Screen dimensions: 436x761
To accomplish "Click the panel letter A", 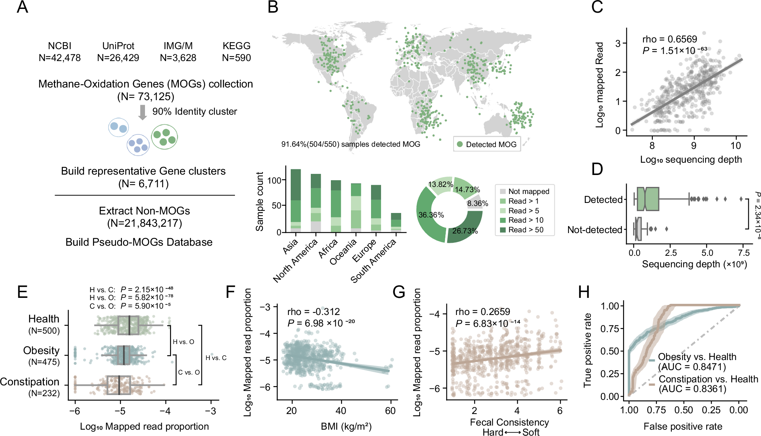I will (x=22, y=7).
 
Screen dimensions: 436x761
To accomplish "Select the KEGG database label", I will (x=236, y=46).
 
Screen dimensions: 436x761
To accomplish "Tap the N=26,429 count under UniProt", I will (x=118, y=58).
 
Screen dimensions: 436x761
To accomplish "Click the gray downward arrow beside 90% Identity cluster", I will (x=142, y=112).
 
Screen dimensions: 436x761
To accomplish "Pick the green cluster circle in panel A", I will (x=164, y=137).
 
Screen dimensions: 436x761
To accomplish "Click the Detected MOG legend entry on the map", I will (x=487, y=144).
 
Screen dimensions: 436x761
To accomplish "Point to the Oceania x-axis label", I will (x=343, y=252).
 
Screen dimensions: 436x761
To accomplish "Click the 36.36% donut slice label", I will (x=431, y=215).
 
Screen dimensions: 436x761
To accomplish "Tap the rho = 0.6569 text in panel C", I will (x=670, y=39).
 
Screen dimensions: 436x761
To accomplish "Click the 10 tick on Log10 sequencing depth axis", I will (x=735, y=146).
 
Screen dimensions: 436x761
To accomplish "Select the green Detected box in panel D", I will (x=648, y=199).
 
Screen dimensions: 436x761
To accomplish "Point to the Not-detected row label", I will (x=594, y=230).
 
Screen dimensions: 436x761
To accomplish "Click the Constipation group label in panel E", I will (x=30, y=382).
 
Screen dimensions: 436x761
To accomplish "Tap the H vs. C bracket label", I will (x=216, y=358).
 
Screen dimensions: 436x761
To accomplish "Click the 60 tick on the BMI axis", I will (x=390, y=411).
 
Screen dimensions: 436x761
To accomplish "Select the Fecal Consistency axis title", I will (x=509, y=422).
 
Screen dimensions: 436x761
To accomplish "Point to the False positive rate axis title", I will (x=683, y=426).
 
